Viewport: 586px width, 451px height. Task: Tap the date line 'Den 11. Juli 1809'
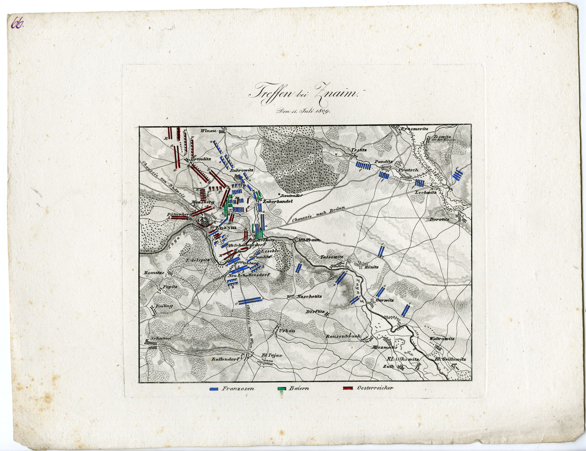[x=303, y=111]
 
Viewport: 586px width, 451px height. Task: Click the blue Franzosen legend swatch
[x=214, y=389]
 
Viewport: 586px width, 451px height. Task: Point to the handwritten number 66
[x=17, y=24]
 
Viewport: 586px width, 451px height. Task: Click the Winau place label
[x=209, y=131]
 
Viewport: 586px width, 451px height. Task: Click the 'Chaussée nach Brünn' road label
[x=318, y=215]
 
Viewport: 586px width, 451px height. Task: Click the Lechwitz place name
[x=426, y=192]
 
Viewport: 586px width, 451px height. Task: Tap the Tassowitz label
[x=332, y=257]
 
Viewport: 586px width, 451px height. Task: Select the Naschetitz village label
[x=310, y=297]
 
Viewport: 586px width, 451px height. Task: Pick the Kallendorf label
[x=225, y=359]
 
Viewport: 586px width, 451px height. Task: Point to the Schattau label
[x=158, y=338]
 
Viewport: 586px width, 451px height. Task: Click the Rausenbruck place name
[x=343, y=336]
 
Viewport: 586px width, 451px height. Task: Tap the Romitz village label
[x=153, y=273]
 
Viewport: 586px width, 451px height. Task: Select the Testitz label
[x=359, y=150]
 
